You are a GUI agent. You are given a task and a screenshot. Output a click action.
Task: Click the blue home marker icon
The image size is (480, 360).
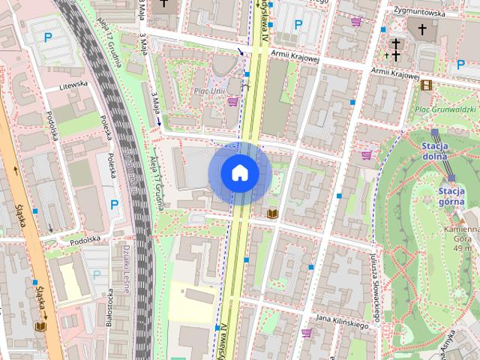(240, 173)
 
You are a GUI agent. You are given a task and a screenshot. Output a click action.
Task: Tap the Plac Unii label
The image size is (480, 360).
(210, 91)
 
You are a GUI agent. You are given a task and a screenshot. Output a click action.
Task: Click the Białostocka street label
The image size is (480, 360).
(110, 308)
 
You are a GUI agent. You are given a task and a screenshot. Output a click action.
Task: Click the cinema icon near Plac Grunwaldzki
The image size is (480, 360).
(426, 85)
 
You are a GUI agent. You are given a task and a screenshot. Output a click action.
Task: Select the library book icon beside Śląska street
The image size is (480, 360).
(40, 326)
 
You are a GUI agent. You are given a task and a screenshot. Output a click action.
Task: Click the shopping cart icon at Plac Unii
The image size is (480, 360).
(233, 101)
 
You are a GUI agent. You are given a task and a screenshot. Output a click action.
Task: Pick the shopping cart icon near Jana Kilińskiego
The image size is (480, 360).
(306, 332)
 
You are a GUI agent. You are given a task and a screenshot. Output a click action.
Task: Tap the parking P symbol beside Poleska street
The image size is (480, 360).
(114, 204)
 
